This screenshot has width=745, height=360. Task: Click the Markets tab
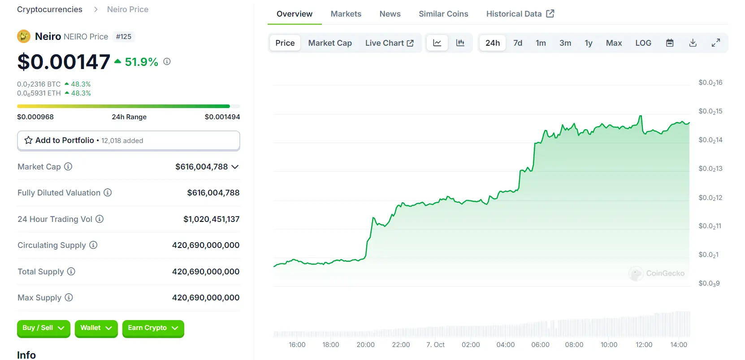pos(346,14)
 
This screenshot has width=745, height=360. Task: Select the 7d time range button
pos(518,43)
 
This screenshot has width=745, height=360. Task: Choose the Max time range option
pos(614,43)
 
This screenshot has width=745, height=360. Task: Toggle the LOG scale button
pos(643,43)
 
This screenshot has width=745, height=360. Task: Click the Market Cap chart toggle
pos(330,43)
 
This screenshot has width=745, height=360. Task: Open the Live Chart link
pos(389,43)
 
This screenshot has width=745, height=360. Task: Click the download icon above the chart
pos(693,43)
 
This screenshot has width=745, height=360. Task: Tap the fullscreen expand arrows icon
pos(716,43)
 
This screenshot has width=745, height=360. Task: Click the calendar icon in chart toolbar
pos(670,43)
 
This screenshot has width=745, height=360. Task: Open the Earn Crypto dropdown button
pos(153,328)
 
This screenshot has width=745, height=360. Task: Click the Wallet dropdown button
pos(96,328)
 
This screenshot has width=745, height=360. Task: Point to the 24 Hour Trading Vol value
pos(211,219)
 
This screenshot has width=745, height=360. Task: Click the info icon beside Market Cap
pos(68,167)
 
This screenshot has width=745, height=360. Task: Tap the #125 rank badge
pos(124,37)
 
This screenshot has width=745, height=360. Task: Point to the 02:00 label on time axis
pos(471,345)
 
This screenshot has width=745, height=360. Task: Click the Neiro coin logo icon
pos(24,36)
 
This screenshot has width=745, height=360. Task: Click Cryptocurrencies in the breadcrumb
pos(50,9)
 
